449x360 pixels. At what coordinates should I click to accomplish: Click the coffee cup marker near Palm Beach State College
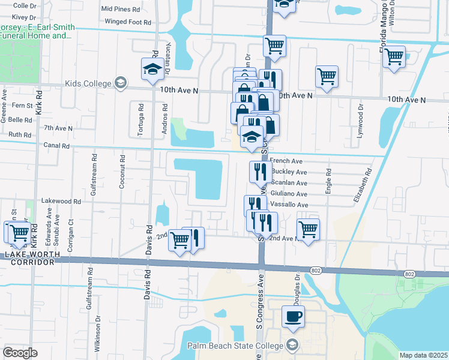point(293,317)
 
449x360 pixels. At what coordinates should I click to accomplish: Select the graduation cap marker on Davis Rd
point(152,69)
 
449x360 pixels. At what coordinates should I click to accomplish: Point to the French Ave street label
point(287,161)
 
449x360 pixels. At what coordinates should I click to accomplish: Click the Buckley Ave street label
point(289,172)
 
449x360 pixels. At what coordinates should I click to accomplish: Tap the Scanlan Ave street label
point(289,182)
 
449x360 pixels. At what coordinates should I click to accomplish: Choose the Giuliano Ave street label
point(289,194)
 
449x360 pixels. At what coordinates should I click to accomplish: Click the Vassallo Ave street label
point(289,205)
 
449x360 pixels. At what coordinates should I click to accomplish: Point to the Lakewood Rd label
point(61,202)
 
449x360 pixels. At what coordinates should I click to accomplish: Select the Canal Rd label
point(56,145)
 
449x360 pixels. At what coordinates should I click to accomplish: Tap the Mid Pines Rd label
point(120,9)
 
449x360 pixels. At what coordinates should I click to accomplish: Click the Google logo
point(20,352)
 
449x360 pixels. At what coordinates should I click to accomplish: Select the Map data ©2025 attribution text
point(424,355)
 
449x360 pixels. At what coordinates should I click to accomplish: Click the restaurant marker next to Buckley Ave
point(261,172)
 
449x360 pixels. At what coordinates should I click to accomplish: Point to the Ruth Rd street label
point(19,135)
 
